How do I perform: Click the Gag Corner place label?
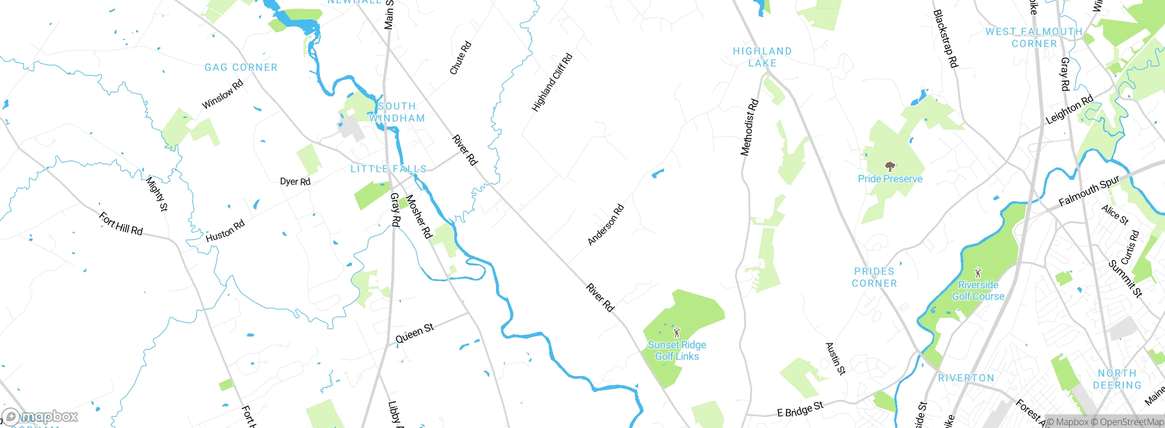(241, 67)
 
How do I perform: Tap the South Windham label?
(397, 112)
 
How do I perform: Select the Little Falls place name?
(389, 169)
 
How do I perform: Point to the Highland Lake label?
(762, 57)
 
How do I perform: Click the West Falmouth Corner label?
(1034, 38)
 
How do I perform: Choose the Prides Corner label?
(874, 277)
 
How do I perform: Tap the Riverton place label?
(966, 378)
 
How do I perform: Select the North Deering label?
(1117, 379)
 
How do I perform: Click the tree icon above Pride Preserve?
(890, 166)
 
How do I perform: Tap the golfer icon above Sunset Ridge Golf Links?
(677, 332)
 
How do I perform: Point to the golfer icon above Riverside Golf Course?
(978, 273)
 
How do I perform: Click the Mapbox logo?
(41, 416)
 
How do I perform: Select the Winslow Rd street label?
(223, 94)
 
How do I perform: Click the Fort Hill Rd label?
(121, 224)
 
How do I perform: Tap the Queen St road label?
(415, 333)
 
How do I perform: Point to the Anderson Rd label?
(606, 225)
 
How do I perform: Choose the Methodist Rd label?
(750, 127)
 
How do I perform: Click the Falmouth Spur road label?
(1089, 191)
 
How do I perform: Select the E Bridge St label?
(800, 410)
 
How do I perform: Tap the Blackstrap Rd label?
(946, 39)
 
